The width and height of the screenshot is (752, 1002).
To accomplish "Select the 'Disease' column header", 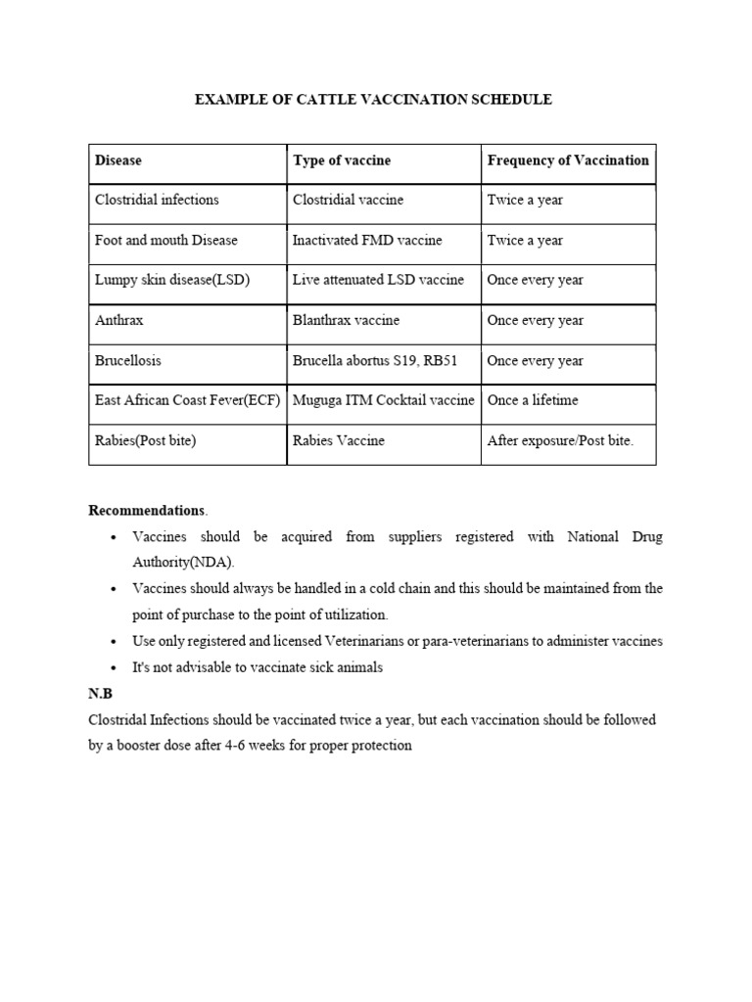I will click(x=118, y=160).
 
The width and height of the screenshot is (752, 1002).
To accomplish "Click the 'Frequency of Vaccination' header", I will click(x=568, y=160).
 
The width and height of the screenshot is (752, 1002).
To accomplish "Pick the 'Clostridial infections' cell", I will click(x=157, y=201).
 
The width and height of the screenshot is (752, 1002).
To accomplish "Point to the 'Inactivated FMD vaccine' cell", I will click(x=367, y=241).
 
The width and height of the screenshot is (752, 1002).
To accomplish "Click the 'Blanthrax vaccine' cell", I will click(x=346, y=321).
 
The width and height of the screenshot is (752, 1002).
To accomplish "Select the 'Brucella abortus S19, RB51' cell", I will click(x=374, y=361).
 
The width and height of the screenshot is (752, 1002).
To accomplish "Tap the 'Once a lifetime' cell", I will click(x=533, y=401).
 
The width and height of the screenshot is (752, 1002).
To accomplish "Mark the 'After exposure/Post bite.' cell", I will click(x=560, y=441).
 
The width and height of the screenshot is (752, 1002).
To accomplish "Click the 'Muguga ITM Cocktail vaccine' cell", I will click(x=383, y=401).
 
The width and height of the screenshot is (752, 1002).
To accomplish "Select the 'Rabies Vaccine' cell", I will click(x=339, y=441).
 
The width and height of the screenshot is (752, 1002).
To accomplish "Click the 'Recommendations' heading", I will click(x=147, y=511).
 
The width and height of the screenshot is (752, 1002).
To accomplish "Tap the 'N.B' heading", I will click(x=101, y=694).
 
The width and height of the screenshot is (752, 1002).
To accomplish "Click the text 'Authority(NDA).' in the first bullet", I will click(x=184, y=563).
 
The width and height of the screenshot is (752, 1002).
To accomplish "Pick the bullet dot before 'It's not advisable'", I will click(x=115, y=668).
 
